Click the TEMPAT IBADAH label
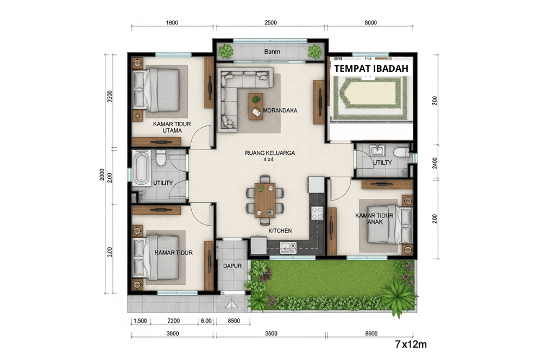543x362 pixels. click(x=370, y=69)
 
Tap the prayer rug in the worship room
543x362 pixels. click(x=370, y=98)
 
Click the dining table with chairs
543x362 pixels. click(x=265, y=199)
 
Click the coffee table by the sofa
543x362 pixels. click(x=255, y=106)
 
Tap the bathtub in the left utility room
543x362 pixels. click(x=141, y=167)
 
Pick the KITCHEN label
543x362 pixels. click(x=280, y=231)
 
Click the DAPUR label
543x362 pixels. click(x=232, y=266)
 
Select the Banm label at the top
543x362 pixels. click(x=271, y=52)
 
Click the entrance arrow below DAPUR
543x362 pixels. click(x=232, y=304)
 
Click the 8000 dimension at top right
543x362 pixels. click(x=371, y=22)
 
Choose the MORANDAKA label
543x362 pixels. click(x=280, y=110)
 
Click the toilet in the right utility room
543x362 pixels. click(x=401, y=152)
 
